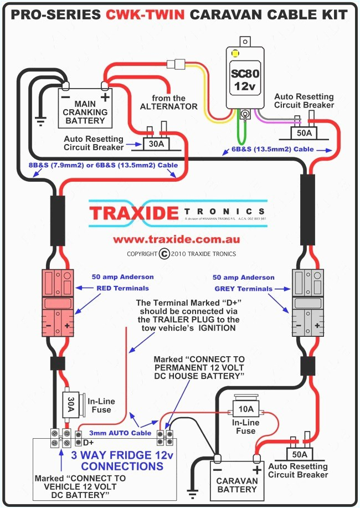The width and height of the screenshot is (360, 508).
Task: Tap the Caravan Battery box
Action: click(236, 478)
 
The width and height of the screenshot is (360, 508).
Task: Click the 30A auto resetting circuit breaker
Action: click(156, 143)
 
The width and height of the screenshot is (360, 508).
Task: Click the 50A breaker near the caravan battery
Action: click(300, 454)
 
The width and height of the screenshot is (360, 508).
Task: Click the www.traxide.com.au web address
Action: click(177, 240)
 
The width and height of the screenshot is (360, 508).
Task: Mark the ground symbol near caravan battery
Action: click(193, 493)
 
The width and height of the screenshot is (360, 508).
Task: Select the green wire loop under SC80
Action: click(244, 133)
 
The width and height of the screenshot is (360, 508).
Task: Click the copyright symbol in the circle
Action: click(163, 254)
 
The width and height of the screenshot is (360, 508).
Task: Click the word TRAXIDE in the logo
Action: click(135, 213)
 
